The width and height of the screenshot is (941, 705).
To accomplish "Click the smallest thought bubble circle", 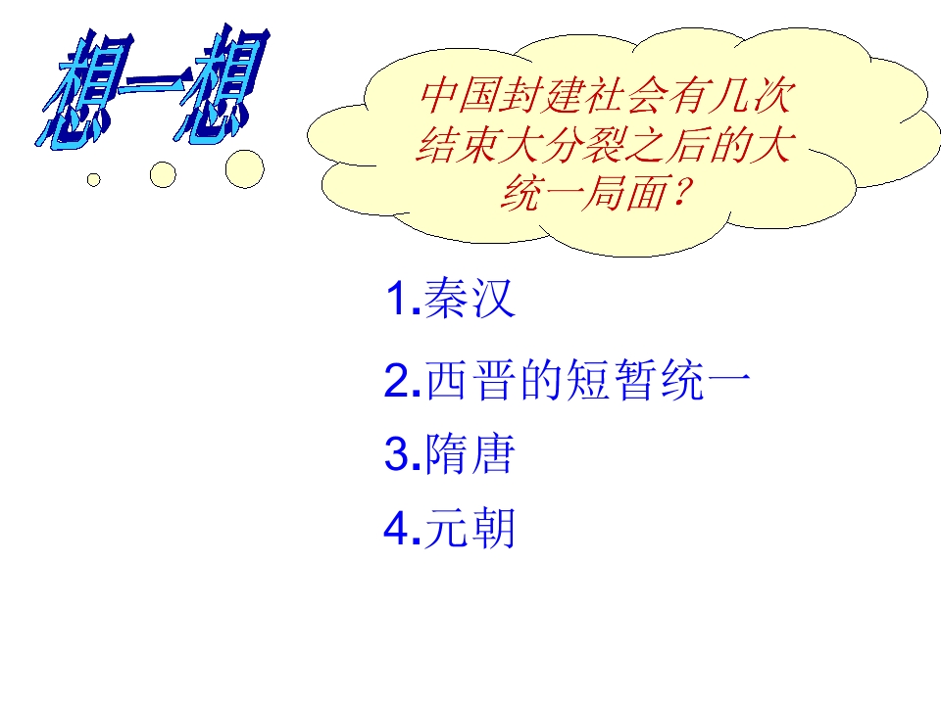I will (x=94, y=179).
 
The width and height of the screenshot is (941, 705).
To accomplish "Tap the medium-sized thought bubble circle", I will (x=163, y=174).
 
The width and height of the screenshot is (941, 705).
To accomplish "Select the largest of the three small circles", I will (x=244, y=168).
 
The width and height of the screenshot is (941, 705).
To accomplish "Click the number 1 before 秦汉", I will (x=397, y=300).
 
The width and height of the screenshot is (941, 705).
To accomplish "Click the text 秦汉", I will (x=470, y=300).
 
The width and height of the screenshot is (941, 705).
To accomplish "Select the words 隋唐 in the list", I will (x=470, y=456).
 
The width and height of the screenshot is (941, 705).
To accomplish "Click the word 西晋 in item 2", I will (x=470, y=383).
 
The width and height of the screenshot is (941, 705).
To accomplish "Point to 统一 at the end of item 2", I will (x=705, y=383).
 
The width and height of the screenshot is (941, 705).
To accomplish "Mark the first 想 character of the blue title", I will (x=83, y=93).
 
